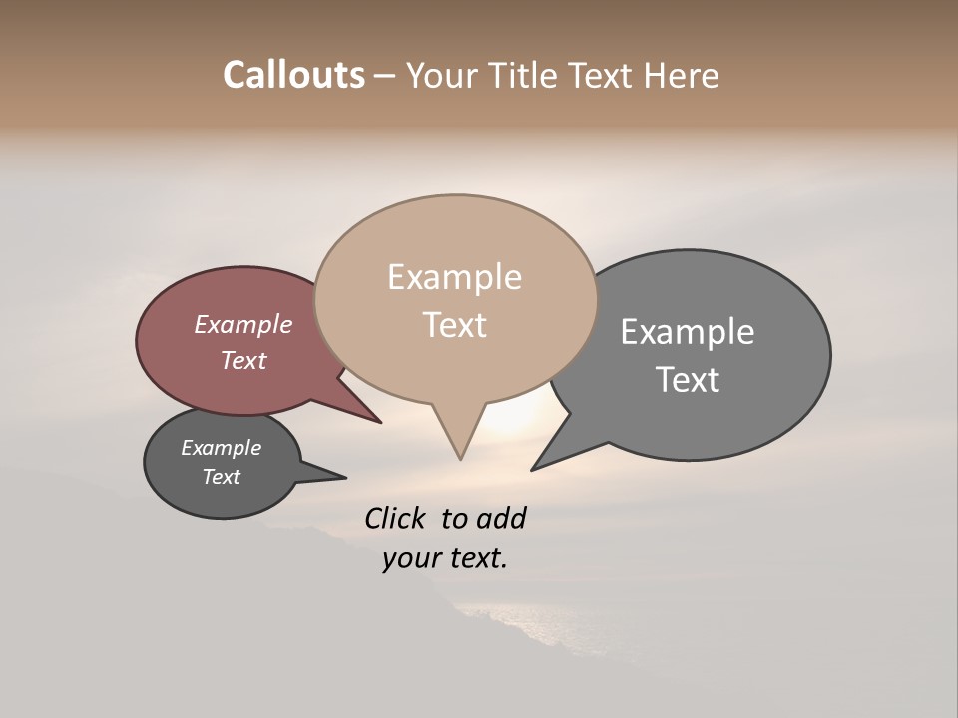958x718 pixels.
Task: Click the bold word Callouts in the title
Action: [x=293, y=75]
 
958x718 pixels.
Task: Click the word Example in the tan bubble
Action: [x=454, y=278]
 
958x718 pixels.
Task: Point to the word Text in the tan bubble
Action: [x=455, y=325]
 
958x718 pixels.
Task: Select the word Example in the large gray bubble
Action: [x=688, y=332]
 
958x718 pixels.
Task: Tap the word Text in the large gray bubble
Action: [x=688, y=380]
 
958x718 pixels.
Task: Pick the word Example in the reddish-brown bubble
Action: [x=243, y=324]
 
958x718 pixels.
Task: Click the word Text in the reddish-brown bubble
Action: [x=243, y=360]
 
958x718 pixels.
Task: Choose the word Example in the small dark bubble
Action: [x=221, y=448]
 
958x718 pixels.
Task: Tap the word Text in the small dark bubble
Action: [x=222, y=477]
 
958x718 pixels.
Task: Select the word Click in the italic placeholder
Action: [x=394, y=518]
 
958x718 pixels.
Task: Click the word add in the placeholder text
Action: [x=501, y=518]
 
